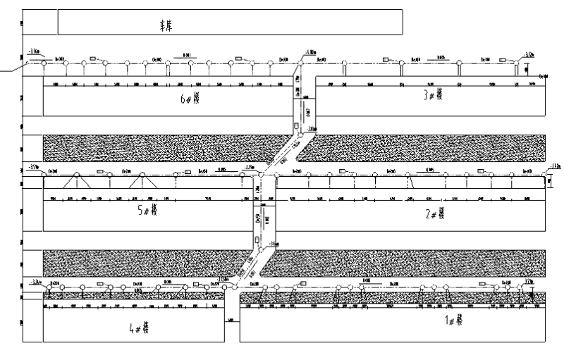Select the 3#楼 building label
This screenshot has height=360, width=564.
tap(433, 95)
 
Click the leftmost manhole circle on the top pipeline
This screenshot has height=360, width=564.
tap(44, 63)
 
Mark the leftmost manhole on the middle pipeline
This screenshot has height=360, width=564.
tap(43, 173)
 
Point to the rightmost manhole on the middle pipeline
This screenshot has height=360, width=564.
tap(544, 173)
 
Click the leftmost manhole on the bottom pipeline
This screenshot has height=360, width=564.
tap(49, 287)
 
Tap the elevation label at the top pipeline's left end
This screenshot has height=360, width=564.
tap(34, 52)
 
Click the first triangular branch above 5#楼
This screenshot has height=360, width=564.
tap(76, 180)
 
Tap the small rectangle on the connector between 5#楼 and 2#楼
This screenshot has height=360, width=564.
tap(257, 240)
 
